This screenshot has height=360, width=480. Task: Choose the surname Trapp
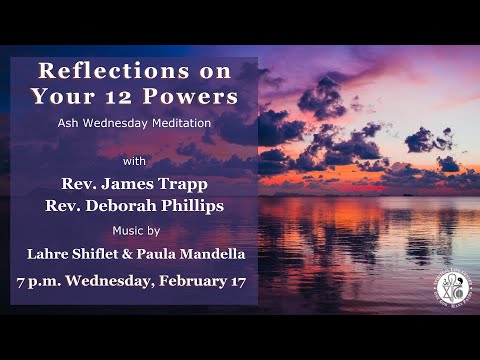pos(212,183)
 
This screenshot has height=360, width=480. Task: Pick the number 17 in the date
pos(237,281)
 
